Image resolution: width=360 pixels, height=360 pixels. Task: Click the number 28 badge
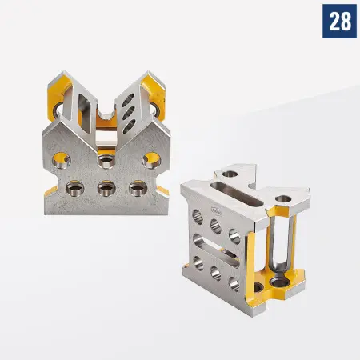pos(339,21)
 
